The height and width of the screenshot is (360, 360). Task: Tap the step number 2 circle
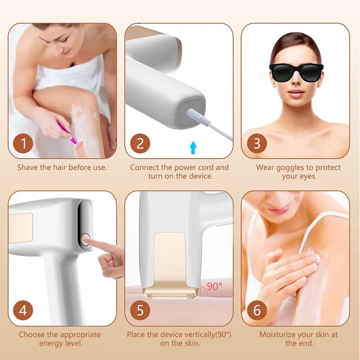[140, 144]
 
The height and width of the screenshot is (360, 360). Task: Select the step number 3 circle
[257, 144]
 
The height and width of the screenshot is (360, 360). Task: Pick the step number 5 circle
[140, 310]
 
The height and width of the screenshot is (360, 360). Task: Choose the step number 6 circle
[257, 310]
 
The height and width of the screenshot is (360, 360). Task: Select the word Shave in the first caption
[27, 167]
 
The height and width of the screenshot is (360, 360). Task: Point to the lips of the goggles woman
[296, 93]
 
